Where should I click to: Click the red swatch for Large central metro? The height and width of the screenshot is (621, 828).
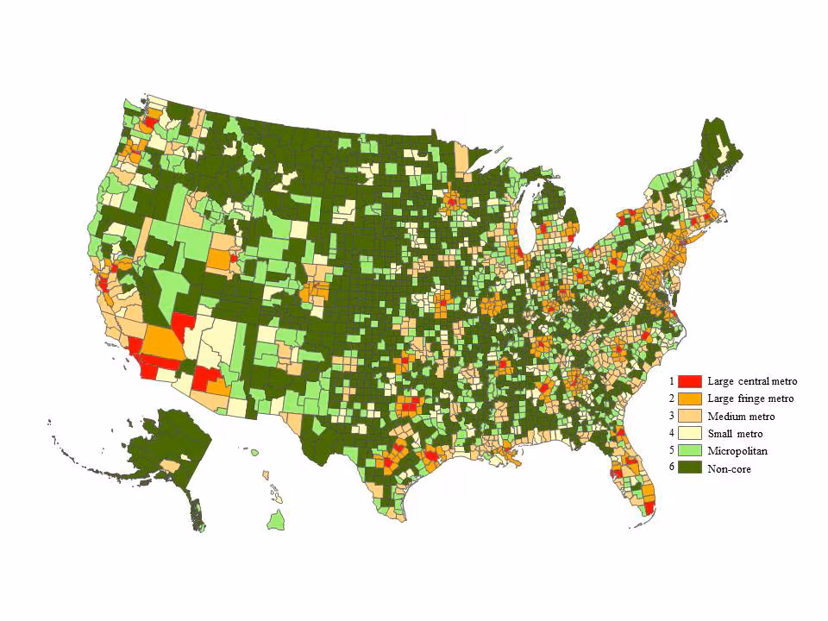(x=689, y=380)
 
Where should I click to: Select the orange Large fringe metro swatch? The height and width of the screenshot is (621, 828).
(x=689, y=398)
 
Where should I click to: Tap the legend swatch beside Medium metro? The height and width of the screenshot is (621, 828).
(x=689, y=416)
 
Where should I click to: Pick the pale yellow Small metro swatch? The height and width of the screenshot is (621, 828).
(x=689, y=433)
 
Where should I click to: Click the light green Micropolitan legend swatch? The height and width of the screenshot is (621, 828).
(x=689, y=450)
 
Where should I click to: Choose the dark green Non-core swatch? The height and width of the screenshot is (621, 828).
(x=689, y=467)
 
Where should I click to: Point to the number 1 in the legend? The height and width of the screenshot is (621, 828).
(x=670, y=380)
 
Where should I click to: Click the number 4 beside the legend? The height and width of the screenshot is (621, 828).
(x=670, y=433)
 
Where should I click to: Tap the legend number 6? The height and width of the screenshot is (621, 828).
(x=670, y=467)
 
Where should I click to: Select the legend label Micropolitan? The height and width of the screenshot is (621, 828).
(x=737, y=451)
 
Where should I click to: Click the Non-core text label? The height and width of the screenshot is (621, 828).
(x=729, y=468)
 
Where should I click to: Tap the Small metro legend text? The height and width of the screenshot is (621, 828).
(x=735, y=434)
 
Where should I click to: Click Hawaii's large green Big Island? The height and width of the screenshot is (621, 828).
(x=275, y=520)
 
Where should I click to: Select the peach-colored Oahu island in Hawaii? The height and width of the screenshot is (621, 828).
(x=265, y=475)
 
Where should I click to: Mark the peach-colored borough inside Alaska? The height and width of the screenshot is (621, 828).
(x=169, y=466)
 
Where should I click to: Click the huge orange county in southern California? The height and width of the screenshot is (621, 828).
(x=163, y=342)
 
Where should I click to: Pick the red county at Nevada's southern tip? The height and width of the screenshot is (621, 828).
(x=183, y=326)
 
